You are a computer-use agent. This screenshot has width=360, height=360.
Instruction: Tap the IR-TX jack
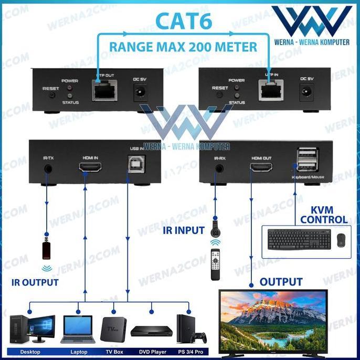pos(49,169)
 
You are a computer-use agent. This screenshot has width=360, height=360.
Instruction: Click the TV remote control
pos(215,264)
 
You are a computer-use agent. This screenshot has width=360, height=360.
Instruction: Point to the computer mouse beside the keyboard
pos(341,240)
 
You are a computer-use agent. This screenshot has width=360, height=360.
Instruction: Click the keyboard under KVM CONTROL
pos(299,239)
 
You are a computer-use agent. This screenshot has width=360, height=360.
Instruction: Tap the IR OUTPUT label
pos(35,282)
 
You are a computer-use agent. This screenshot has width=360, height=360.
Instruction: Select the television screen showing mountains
pos(272,316)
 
